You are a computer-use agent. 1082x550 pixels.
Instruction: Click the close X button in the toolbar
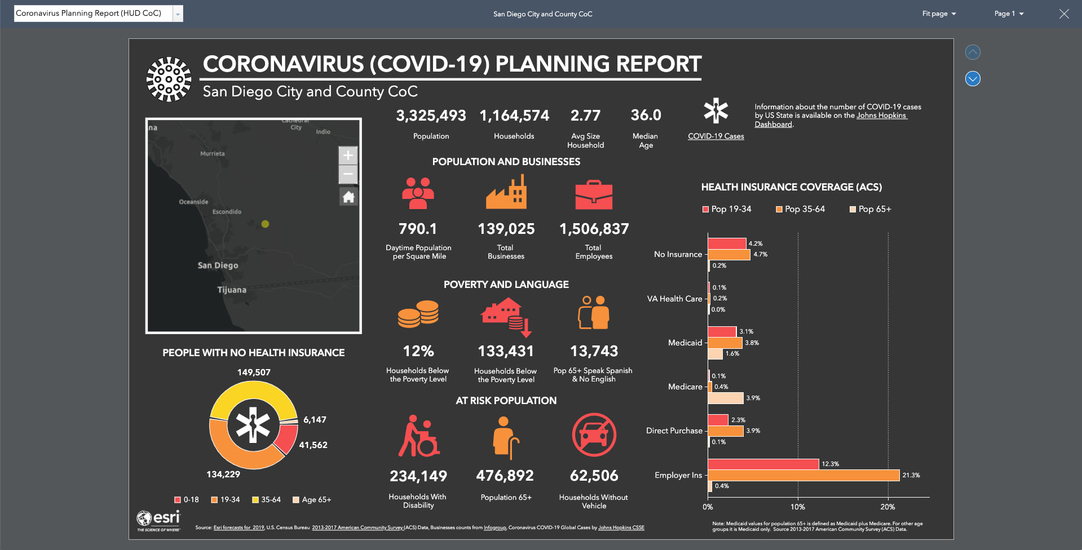pos(1063,14)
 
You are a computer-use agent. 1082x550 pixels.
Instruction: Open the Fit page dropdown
pos(939,14)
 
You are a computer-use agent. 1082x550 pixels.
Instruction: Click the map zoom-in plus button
pos(348,155)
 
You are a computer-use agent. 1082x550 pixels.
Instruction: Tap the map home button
pos(348,197)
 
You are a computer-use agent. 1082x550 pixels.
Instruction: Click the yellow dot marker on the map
pos(265,224)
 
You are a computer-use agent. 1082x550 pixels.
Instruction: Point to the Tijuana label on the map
pos(232,290)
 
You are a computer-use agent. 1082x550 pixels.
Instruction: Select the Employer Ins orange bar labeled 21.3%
pos(803,475)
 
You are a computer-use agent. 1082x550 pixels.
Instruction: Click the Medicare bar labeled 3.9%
pos(726,398)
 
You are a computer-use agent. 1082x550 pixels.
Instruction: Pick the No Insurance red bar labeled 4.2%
pos(727,243)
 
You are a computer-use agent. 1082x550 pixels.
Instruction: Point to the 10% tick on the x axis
pos(797,507)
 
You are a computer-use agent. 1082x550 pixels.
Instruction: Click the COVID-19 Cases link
pos(716,136)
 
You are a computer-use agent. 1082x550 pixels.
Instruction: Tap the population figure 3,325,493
pos(431,116)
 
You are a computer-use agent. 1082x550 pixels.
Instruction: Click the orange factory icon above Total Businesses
pos(506,192)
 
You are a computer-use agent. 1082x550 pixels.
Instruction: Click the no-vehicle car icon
pos(594,434)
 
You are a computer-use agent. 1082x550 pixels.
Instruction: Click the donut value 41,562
pos(313,445)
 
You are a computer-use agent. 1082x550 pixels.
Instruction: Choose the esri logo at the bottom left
pos(158,520)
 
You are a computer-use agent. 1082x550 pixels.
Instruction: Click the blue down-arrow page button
pos(973,78)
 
